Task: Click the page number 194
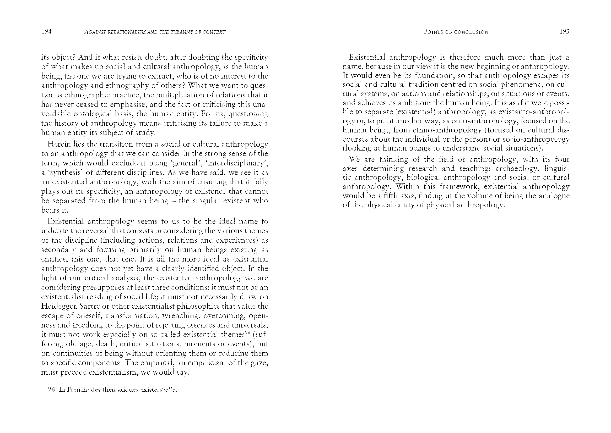[x=46, y=32]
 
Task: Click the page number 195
[x=564, y=32]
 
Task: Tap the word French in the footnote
[x=77, y=390]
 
